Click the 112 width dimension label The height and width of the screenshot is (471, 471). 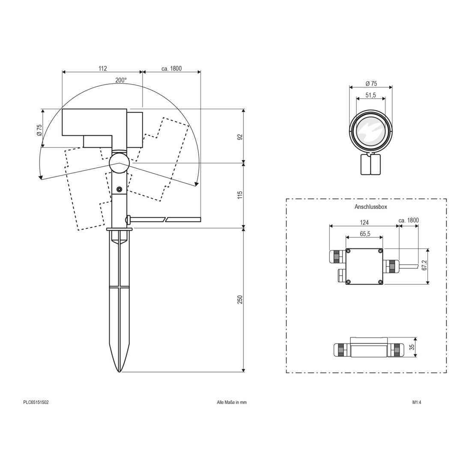103,69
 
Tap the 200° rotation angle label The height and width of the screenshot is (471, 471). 121,80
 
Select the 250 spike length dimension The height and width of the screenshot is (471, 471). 240,299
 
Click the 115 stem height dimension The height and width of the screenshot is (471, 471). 240,195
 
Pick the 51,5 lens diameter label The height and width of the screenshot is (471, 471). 371,95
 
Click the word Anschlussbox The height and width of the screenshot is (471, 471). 371,207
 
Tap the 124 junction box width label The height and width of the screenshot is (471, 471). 364,222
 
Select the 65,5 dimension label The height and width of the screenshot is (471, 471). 364,234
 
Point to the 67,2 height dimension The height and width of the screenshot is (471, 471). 424,265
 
